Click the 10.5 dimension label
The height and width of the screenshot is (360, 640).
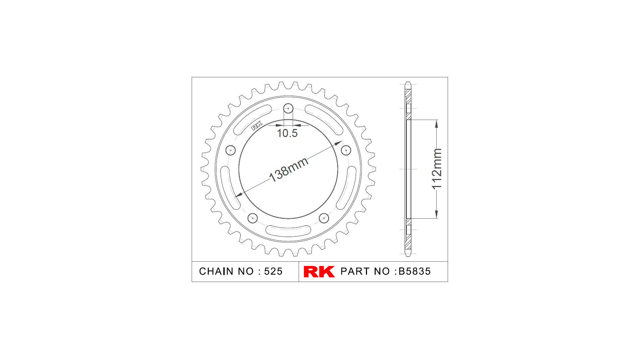(x=287, y=133)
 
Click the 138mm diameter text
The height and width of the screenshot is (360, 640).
(x=289, y=170)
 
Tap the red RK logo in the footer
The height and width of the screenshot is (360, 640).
(x=319, y=271)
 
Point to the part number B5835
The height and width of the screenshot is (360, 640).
(x=415, y=271)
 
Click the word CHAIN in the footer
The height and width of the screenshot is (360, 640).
(x=216, y=271)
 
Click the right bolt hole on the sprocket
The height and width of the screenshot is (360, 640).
(x=346, y=150)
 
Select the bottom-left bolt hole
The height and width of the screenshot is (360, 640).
(x=253, y=218)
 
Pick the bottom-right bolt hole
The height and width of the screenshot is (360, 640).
(x=324, y=218)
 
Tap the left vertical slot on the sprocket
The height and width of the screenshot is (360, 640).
(x=225, y=187)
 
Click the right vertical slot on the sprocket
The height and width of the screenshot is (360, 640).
(x=352, y=187)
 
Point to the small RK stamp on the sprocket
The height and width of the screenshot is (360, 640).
(x=257, y=126)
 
